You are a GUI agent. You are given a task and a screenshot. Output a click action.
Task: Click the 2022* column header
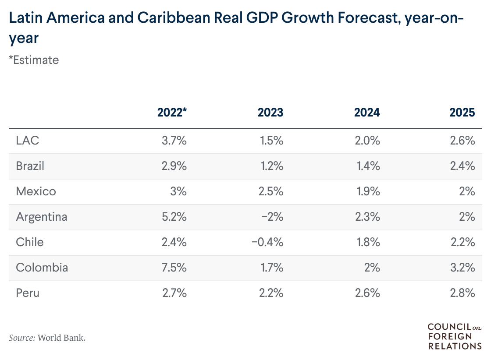[172, 113]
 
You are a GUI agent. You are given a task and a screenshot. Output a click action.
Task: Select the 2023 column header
[270, 113]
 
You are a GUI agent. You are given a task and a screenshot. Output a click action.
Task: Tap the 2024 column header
[366, 113]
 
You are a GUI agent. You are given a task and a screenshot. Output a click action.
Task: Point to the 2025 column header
[462, 113]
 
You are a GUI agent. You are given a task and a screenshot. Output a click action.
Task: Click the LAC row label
[28, 141]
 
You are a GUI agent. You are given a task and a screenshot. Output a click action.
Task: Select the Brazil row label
[30, 166]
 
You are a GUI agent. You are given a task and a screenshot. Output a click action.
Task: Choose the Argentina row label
[41, 217]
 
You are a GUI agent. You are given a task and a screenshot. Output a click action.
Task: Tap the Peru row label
[27, 293]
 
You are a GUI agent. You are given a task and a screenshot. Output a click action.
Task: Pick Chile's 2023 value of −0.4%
[267, 242]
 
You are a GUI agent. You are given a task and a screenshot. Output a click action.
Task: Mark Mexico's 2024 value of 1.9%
[367, 191]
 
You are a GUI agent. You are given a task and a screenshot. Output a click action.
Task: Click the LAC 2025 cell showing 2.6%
[463, 141]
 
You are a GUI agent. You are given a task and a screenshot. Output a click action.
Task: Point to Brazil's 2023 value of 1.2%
[270, 166]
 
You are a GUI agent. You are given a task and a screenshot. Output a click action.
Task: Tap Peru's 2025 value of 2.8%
[463, 293]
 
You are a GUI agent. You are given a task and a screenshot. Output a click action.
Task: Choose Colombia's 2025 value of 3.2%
[463, 268]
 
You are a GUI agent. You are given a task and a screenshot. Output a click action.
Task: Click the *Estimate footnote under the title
[34, 60]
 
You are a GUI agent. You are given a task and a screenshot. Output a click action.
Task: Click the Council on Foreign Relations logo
[454, 336]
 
